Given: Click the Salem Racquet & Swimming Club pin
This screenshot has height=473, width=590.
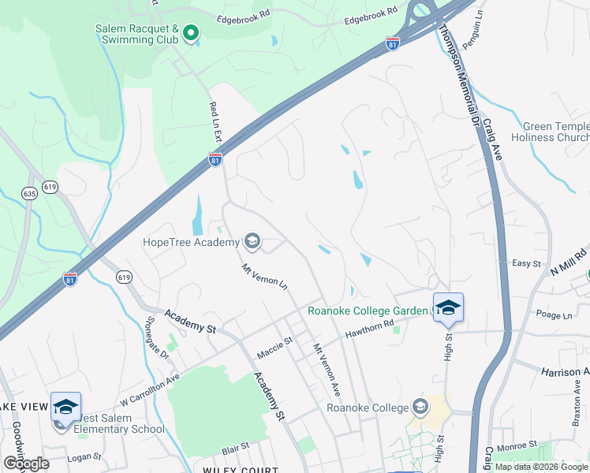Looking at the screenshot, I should coord(190,34).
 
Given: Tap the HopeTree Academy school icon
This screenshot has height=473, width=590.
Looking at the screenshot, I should coord(253,240).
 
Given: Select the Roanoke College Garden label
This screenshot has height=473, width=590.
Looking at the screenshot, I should coord(368,311).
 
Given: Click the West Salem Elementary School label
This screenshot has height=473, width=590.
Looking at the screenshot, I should coord(119,423).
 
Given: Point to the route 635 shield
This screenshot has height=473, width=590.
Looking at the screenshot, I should coord(30,193).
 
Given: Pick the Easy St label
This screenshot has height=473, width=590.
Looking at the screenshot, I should coord(526,263).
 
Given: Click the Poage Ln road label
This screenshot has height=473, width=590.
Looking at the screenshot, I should coord(553,315).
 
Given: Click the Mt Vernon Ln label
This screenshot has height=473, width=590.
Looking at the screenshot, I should coord(263,277).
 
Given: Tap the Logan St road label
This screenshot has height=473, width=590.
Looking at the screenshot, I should coord(85,456).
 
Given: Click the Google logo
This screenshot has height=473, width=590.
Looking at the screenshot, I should coord(26,464).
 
